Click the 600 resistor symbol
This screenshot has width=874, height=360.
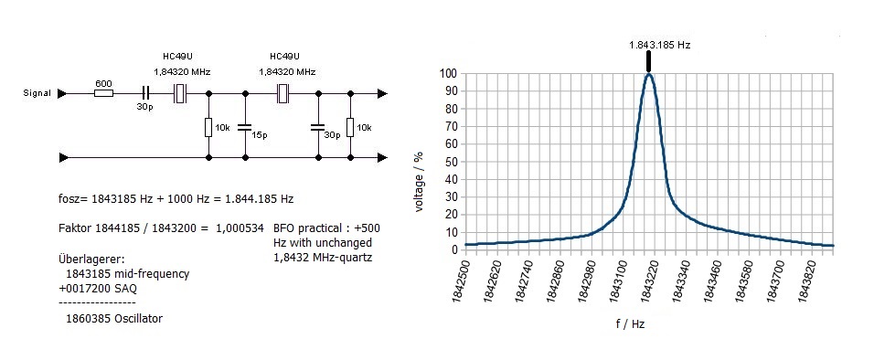click(103, 93)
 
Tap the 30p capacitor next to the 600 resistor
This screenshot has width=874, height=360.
click(145, 93)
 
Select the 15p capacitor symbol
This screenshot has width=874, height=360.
click(244, 128)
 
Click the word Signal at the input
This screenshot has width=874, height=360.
click(37, 93)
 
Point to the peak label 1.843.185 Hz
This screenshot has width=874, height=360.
click(659, 45)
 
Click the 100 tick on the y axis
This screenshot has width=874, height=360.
click(448, 73)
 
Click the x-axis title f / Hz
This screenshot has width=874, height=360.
click(631, 324)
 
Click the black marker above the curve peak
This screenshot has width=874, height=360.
click(649, 62)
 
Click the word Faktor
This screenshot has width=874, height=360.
click(74, 228)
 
